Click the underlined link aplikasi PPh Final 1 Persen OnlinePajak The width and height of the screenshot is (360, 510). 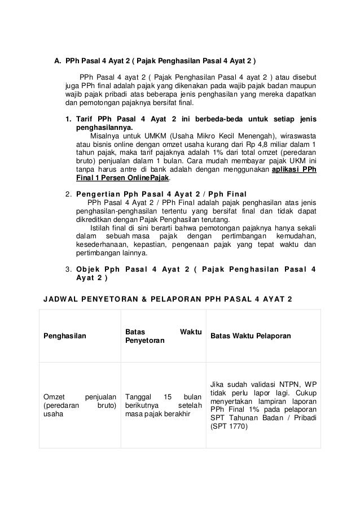(294, 170)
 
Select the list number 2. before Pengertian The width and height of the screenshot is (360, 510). (69, 195)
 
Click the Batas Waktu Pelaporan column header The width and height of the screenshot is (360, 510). (251, 336)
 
